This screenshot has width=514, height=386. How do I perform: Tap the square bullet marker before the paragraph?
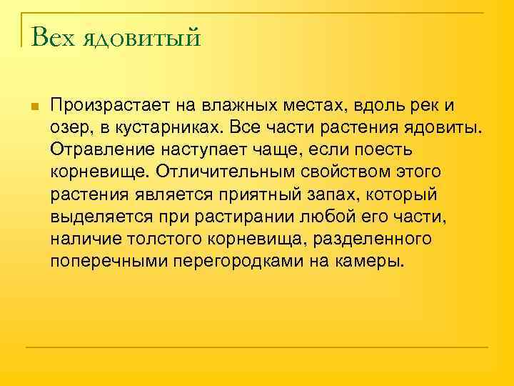coord(34,107)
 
